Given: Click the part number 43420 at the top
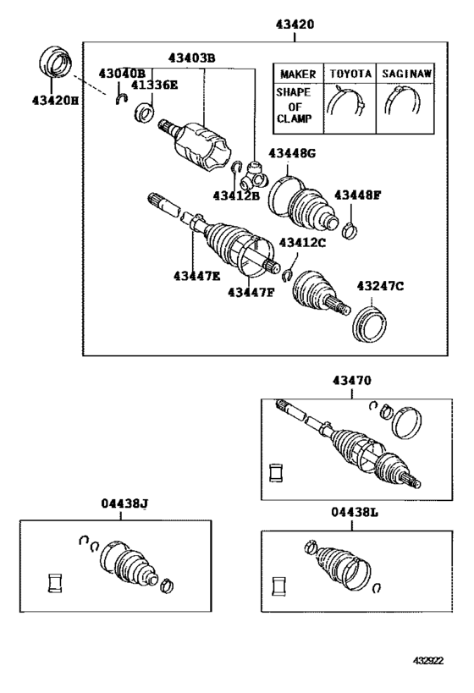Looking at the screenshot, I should pyautogui.click(x=293, y=25).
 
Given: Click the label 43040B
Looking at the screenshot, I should pyautogui.click(x=121, y=74).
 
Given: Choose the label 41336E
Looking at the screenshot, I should pyautogui.click(x=154, y=85).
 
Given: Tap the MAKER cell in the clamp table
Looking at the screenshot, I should pyautogui.click(x=297, y=74).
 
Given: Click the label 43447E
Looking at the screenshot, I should pyautogui.click(x=196, y=275).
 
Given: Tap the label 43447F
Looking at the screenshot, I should pyautogui.click(x=251, y=292).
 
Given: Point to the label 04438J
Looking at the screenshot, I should pyautogui.click(x=120, y=504).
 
